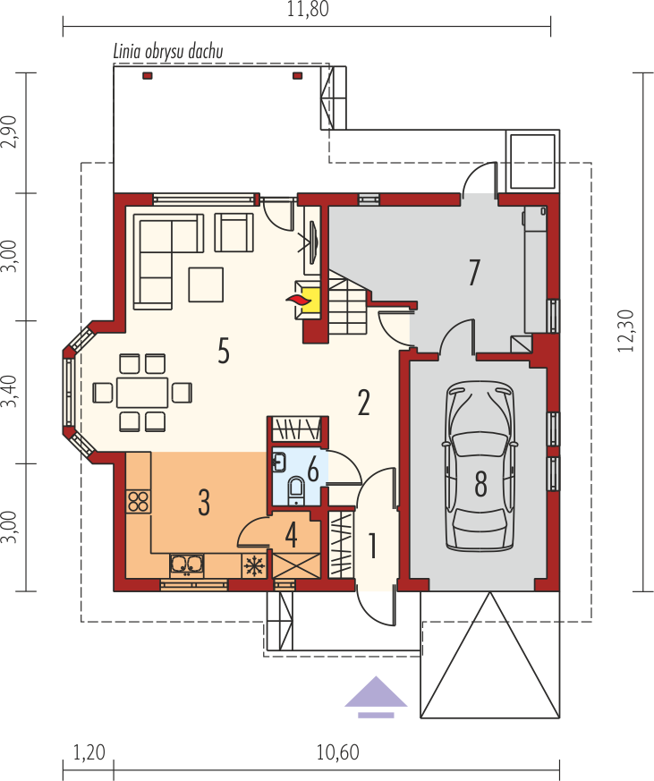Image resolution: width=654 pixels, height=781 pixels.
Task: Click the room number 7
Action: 473,272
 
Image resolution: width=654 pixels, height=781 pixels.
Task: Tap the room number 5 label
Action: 224,350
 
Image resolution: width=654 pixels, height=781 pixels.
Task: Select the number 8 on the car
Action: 480,483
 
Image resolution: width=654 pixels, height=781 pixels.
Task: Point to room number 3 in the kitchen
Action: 204,502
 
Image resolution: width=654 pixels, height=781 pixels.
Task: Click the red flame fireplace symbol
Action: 299,300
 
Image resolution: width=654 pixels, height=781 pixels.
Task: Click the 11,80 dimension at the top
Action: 308,10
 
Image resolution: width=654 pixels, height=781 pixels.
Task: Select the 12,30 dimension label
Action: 625,331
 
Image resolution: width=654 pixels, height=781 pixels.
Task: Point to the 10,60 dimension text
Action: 337,752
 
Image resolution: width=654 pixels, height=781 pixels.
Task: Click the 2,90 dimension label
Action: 9,132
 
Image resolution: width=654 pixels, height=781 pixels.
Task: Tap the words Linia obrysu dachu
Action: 168,51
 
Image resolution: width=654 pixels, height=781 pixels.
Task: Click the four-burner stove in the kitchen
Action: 138,502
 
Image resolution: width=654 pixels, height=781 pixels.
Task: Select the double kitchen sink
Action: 187,565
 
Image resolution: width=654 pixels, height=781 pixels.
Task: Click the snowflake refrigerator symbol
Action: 254,565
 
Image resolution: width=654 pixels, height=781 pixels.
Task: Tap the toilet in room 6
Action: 296,489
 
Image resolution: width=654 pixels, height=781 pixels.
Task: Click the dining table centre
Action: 142,393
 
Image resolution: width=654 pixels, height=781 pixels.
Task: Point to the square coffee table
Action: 206,284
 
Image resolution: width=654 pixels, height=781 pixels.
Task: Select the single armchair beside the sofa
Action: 234,232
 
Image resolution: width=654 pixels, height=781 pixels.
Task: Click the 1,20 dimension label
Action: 89,752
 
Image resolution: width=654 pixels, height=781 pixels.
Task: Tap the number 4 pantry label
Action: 292,535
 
